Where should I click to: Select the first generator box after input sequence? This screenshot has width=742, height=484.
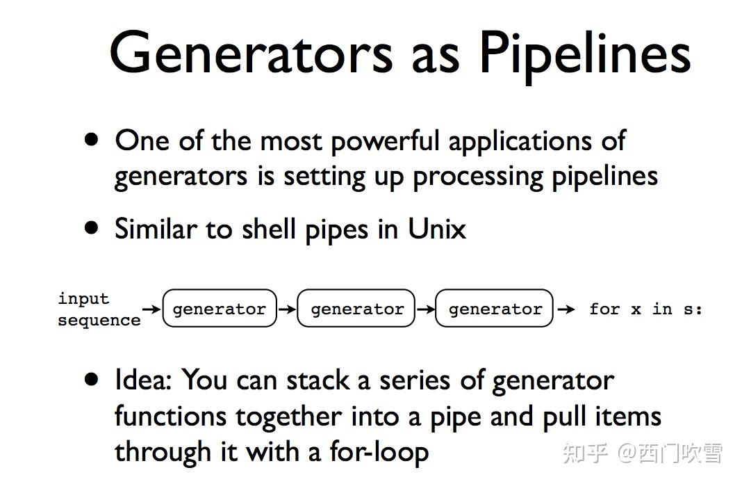coord(219,309)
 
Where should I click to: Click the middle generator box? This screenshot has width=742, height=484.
coord(356,309)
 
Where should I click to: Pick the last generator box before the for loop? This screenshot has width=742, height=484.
coord(495,309)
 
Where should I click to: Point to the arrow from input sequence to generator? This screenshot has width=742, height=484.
coord(151,308)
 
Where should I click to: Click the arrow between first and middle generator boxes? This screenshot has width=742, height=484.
coord(286,309)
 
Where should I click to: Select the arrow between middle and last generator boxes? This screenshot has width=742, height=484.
coord(424,309)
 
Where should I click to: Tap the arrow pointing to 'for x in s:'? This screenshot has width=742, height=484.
coord(566,309)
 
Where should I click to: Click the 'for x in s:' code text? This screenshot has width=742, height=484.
coord(645,309)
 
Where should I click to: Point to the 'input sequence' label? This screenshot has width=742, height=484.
coord(98,309)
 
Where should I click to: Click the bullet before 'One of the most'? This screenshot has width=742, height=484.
coord(91,139)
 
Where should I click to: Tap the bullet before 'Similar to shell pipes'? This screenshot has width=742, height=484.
coord(91,227)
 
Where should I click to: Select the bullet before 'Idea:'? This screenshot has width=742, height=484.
coord(91,379)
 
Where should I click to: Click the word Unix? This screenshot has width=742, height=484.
coord(436,229)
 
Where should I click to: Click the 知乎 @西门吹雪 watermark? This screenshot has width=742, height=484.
coord(643,453)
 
